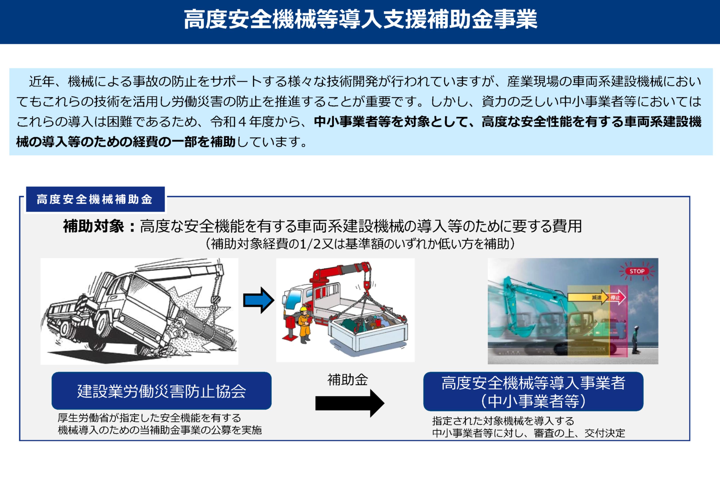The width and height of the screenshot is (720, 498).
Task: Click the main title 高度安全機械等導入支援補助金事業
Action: pyautogui.click(x=360, y=19)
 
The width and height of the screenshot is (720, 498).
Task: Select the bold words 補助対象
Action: pyautogui.click(x=94, y=226)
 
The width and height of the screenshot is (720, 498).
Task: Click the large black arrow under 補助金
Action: pyautogui.click(x=350, y=403)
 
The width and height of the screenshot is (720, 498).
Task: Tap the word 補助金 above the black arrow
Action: pyautogui.click(x=348, y=380)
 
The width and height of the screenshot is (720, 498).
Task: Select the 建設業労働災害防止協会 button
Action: pyautogui.click(x=162, y=391)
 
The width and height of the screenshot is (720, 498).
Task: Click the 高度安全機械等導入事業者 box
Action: pyautogui.click(x=533, y=391)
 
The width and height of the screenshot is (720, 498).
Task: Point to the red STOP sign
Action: pyautogui.click(x=637, y=271)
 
